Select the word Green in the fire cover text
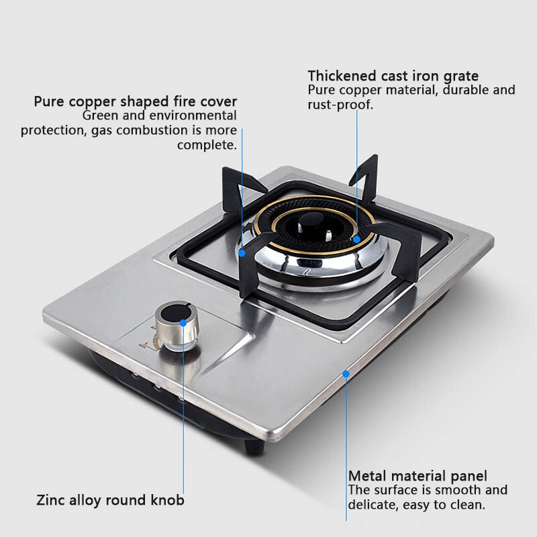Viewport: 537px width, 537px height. [100, 115]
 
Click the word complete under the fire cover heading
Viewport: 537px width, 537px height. [206, 144]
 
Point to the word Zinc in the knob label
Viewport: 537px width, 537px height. [50, 500]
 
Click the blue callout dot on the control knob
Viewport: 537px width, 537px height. [183, 322]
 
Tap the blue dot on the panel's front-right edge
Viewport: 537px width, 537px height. [346, 373]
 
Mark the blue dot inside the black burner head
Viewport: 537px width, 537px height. [357, 238]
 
